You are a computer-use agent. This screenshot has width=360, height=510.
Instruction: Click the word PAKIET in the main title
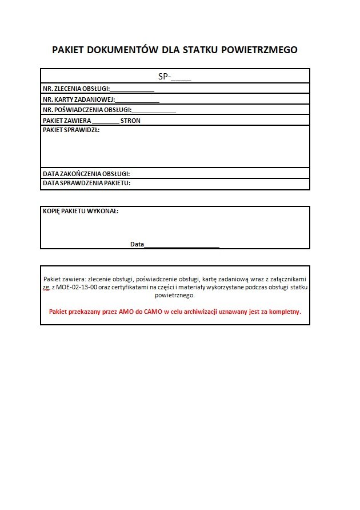tap(67, 50)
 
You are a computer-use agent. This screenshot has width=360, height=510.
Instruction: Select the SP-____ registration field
tap(175, 77)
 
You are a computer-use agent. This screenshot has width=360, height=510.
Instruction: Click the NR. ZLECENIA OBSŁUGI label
tap(76, 89)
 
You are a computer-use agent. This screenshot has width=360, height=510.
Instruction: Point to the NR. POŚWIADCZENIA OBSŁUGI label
tap(87, 110)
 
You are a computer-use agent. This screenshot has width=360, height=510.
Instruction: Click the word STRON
tap(130, 121)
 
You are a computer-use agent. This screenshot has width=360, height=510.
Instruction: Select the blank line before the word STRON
tap(105, 121)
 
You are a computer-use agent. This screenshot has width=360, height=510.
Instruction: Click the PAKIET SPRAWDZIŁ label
tap(71, 130)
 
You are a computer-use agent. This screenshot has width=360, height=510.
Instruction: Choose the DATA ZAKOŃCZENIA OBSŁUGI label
tap(86, 173)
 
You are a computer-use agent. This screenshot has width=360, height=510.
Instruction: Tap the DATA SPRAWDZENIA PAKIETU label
tap(87, 184)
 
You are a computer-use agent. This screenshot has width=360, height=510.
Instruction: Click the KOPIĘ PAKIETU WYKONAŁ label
tap(81, 211)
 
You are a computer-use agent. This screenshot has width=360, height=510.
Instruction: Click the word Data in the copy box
tap(137, 244)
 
